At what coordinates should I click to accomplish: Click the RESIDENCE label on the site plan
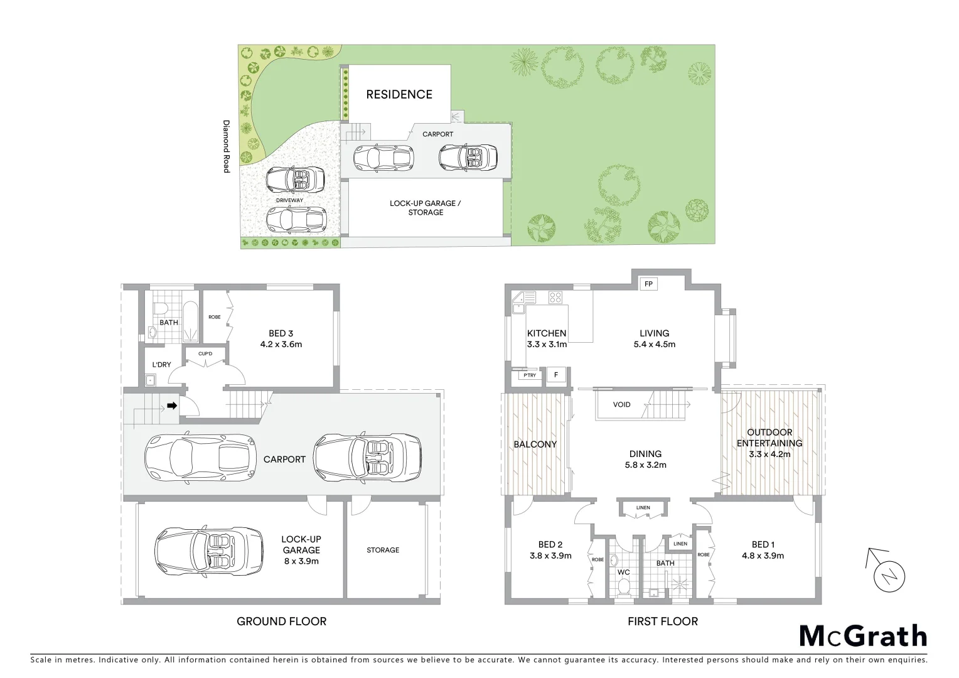pos(399,95)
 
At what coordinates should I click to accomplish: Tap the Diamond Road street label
pos(227,146)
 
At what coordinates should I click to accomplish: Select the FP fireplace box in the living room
pos(648,284)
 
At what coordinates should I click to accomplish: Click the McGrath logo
pos(862,636)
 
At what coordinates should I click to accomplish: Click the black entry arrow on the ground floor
pos(171,406)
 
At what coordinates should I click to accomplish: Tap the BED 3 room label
pos(281,333)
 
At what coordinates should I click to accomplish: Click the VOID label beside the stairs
pos(621,405)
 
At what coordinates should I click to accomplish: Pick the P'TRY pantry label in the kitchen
pos(530,375)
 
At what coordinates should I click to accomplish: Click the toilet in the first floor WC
pos(624,585)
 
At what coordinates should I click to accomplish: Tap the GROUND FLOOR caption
pos(281,621)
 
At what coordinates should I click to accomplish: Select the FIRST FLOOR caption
pos(662,621)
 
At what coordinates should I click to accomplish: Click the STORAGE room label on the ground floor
pos(383,550)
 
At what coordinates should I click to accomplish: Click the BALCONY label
pos(535,444)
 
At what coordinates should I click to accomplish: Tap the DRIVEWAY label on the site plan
pos(289,200)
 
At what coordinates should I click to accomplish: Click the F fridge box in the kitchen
pos(555,375)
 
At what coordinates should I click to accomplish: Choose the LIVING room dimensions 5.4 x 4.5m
pos(654,344)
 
